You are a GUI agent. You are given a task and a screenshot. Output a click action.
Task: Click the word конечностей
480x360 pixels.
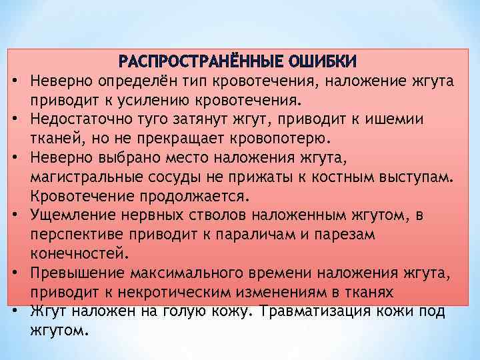pos(76,253)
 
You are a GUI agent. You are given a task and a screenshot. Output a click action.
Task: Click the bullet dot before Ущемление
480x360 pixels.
pos(13,216)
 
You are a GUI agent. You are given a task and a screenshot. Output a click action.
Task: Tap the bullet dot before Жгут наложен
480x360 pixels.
pos(13,311)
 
